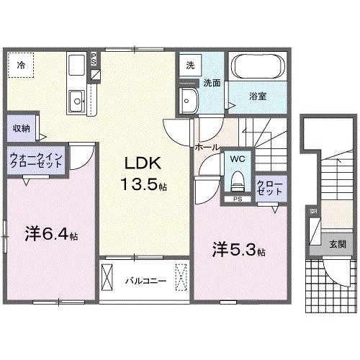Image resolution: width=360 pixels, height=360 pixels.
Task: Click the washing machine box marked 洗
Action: [x=190, y=64]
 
